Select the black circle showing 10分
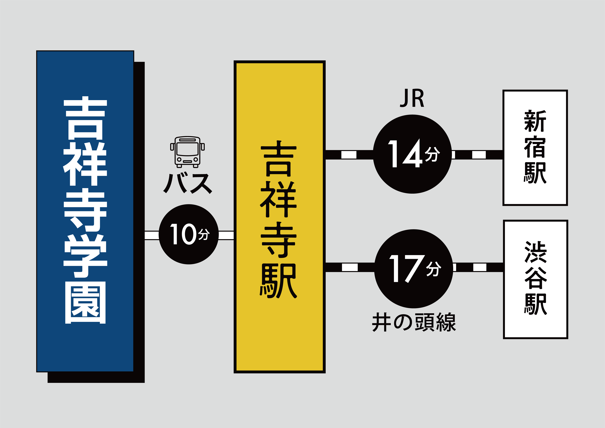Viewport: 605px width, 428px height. (x=189, y=234)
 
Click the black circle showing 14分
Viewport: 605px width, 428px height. (x=412, y=154)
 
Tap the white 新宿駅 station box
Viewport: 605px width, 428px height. (x=535, y=148)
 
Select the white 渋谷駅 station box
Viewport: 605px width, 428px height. (x=536, y=279)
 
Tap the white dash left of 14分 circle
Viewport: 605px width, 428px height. (x=349, y=155)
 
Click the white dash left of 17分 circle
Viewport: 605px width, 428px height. (x=350, y=267)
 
